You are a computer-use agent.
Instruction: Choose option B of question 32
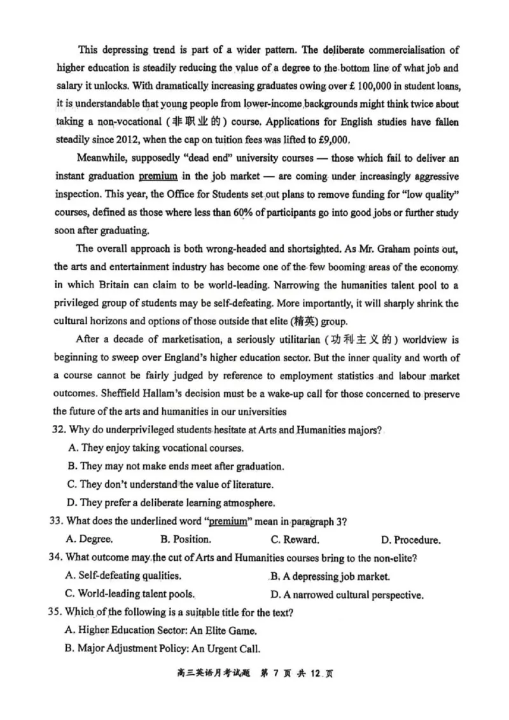click(175, 466)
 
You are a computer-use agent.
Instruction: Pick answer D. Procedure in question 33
click(410, 540)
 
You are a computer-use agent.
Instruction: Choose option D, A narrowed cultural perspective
click(347, 595)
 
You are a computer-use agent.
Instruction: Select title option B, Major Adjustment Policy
click(162, 649)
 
